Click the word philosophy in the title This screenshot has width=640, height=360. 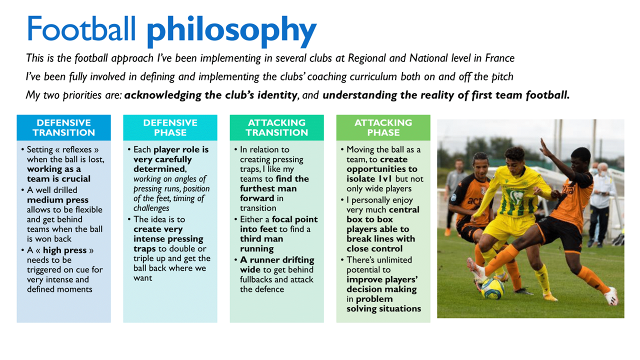(x=231, y=30)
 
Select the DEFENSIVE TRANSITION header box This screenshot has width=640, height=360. (x=63, y=127)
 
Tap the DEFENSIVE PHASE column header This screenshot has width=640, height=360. (x=170, y=127)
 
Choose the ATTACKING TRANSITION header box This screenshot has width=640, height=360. (x=276, y=127)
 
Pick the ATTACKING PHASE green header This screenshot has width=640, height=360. (x=383, y=127)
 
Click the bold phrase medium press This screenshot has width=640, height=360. (x=57, y=200)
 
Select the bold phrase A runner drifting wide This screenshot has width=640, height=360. (x=277, y=265)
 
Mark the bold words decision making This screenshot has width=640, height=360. (x=381, y=289)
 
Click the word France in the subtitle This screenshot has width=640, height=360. (x=500, y=58)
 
